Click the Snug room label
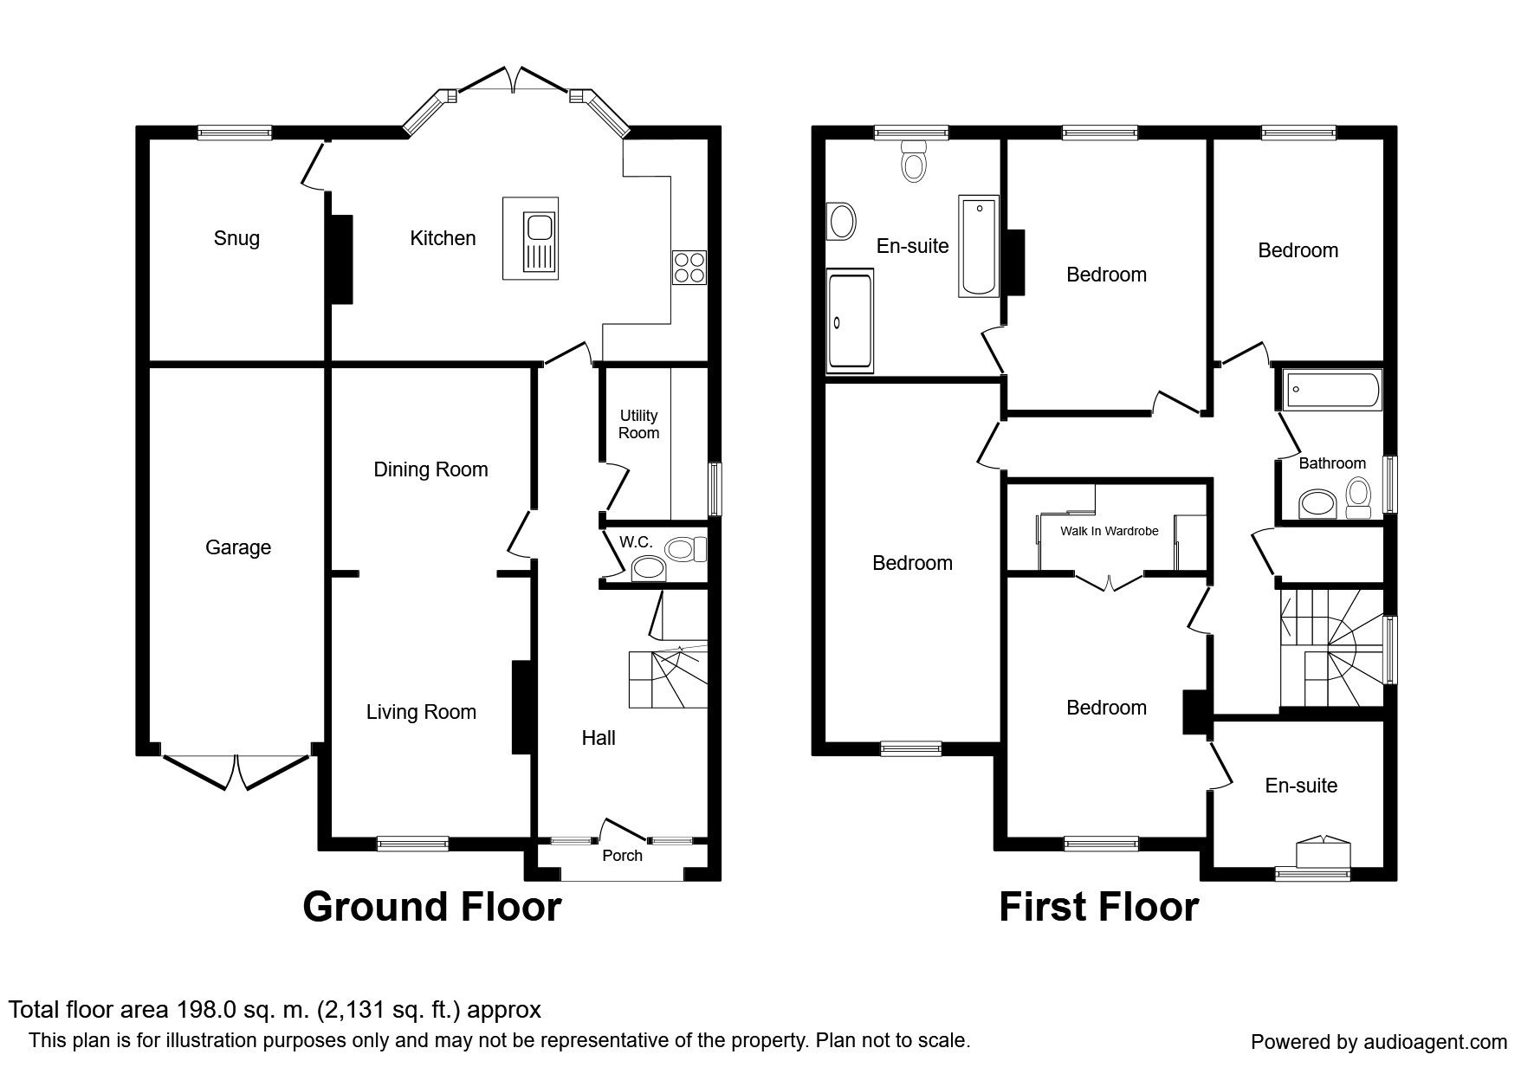pyautogui.click(x=236, y=238)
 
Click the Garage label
pyautogui.click(x=238, y=547)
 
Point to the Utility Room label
pyautogui.click(x=638, y=424)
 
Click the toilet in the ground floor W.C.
pyautogui.click(x=684, y=548)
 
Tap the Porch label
pyautogui.click(x=622, y=856)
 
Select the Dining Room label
pyautogui.click(x=430, y=469)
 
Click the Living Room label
pyautogui.click(x=421, y=712)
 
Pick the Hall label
pyautogui.click(x=599, y=738)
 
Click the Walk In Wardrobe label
pyautogui.click(x=1109, y=531)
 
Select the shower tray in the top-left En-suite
pyautogui.click(x=850, y=320)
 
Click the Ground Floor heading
pyautogui.click(x=431, y=907)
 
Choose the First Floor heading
pyautogui.click(x=1098, y=907)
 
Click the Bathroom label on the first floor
pyautogui.click(x=1332, y=463)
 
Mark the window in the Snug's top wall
pyautogui.click(x=235, y=133)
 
